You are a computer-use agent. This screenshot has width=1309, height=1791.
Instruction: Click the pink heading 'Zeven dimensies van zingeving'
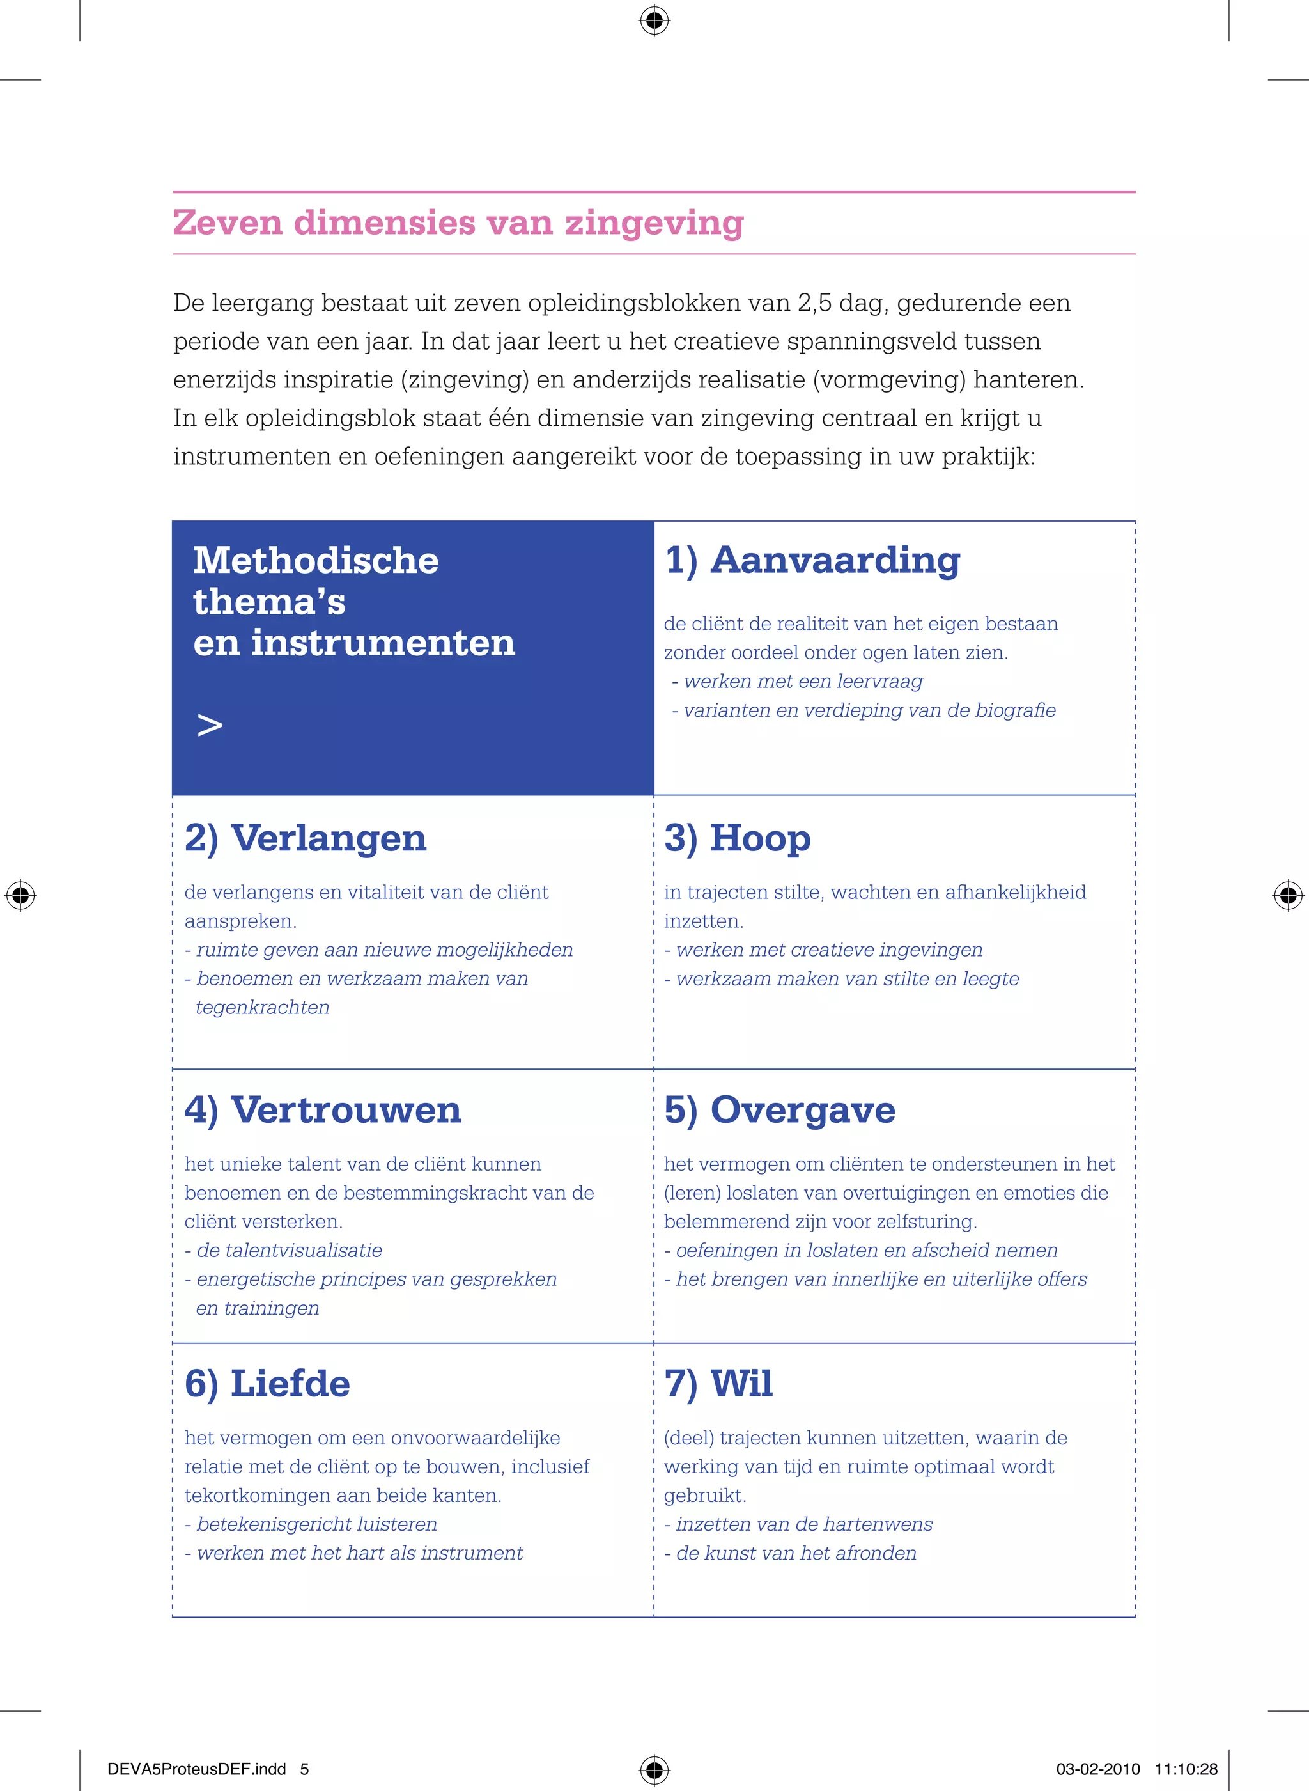click(x=458, y=223)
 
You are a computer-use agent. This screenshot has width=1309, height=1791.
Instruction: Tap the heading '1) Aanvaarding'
click(x=812, y=560)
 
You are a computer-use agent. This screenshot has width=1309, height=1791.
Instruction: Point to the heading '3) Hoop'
click(x=737, y=838)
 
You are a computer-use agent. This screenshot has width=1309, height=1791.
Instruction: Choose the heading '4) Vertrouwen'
click(x=323, y=1109)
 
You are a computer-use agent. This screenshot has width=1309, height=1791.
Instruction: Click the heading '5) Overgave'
click(x=780, y=1109)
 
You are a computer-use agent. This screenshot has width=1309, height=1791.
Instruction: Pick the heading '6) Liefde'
click(x=267, y=1384)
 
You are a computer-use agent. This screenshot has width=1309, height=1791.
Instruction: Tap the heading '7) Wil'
click(x=718, y=1384)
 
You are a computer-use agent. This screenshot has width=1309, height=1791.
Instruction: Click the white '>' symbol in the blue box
click(x=209, y=725)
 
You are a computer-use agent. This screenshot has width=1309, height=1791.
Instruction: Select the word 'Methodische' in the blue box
click(x=315, y=560)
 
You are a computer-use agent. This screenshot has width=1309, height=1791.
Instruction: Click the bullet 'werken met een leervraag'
click(x=803, y=682)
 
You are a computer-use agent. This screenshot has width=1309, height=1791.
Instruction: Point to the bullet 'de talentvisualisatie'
click(x=288, y=1251)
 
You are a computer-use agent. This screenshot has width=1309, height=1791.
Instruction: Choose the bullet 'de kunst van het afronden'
click(x=796, y=1553)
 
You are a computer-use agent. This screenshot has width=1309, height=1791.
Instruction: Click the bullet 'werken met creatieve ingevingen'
click(x=829, y=950)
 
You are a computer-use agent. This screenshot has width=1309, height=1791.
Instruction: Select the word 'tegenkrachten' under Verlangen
click(x=262, y=1007)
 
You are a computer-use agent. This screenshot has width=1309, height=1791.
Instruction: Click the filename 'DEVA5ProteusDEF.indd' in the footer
click(x=196, y=1769)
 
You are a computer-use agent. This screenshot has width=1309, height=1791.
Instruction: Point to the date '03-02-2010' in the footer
click(x=1097, y=1769)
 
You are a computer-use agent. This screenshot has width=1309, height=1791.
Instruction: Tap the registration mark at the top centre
click(x=654, y=20)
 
